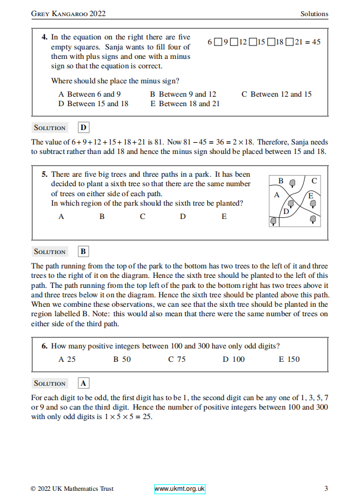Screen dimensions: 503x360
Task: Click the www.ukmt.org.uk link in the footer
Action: [179, 489]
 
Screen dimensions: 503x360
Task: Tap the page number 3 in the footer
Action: [326, 489]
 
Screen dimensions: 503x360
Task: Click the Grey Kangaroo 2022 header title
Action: [68, 14]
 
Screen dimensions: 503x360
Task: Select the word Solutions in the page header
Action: [314, 14]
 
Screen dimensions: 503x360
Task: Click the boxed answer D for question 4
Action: [84, 128]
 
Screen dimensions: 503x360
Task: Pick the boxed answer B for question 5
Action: [83, 252]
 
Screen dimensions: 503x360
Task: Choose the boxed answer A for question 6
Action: [83, 384]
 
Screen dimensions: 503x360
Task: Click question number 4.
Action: [44, 37]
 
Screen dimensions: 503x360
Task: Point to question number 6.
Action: [44, 346]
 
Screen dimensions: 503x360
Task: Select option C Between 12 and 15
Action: [276, 94]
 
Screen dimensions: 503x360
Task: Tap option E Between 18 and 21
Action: [184, 104]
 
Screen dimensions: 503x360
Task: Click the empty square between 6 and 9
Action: [218, 42]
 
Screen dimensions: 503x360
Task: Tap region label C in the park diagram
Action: [314, 181]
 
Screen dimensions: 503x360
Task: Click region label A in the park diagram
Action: [277, 195]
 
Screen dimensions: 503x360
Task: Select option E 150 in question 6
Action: [289, 360]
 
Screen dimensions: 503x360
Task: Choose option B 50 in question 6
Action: [122, 360]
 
